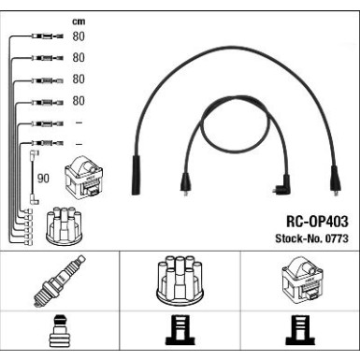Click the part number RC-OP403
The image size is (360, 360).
(x=317, y=222)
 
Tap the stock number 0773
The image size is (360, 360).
(x=337, y=238)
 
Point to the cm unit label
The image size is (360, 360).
(x=79, y=22)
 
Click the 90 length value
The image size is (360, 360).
(x=43, y=179)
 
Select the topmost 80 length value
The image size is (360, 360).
(x=79, y=36)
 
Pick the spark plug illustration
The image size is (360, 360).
(x=60, y=281)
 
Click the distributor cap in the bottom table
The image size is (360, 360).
(x=180, y=281)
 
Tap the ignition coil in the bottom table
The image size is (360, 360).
(x=303, y=279)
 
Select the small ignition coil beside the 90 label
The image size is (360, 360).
(x=84, y=178)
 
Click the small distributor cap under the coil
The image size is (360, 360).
(x=64, y=225)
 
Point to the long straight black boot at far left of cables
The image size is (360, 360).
(x=136, y=175)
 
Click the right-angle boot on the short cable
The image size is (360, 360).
(x=281, y=185)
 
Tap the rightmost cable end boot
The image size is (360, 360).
(x=335, y=180)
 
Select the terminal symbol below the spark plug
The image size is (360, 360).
(x=58, y=331)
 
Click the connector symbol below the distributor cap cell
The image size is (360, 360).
(x=180, y=331)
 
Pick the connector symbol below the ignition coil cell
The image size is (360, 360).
(x=300, y=331)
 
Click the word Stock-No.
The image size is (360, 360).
(x=299, y=238)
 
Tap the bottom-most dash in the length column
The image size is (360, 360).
(x=79, y=144)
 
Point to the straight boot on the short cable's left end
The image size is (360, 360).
(x=185, y=184)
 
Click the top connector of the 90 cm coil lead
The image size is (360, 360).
(x=34, y=154)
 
